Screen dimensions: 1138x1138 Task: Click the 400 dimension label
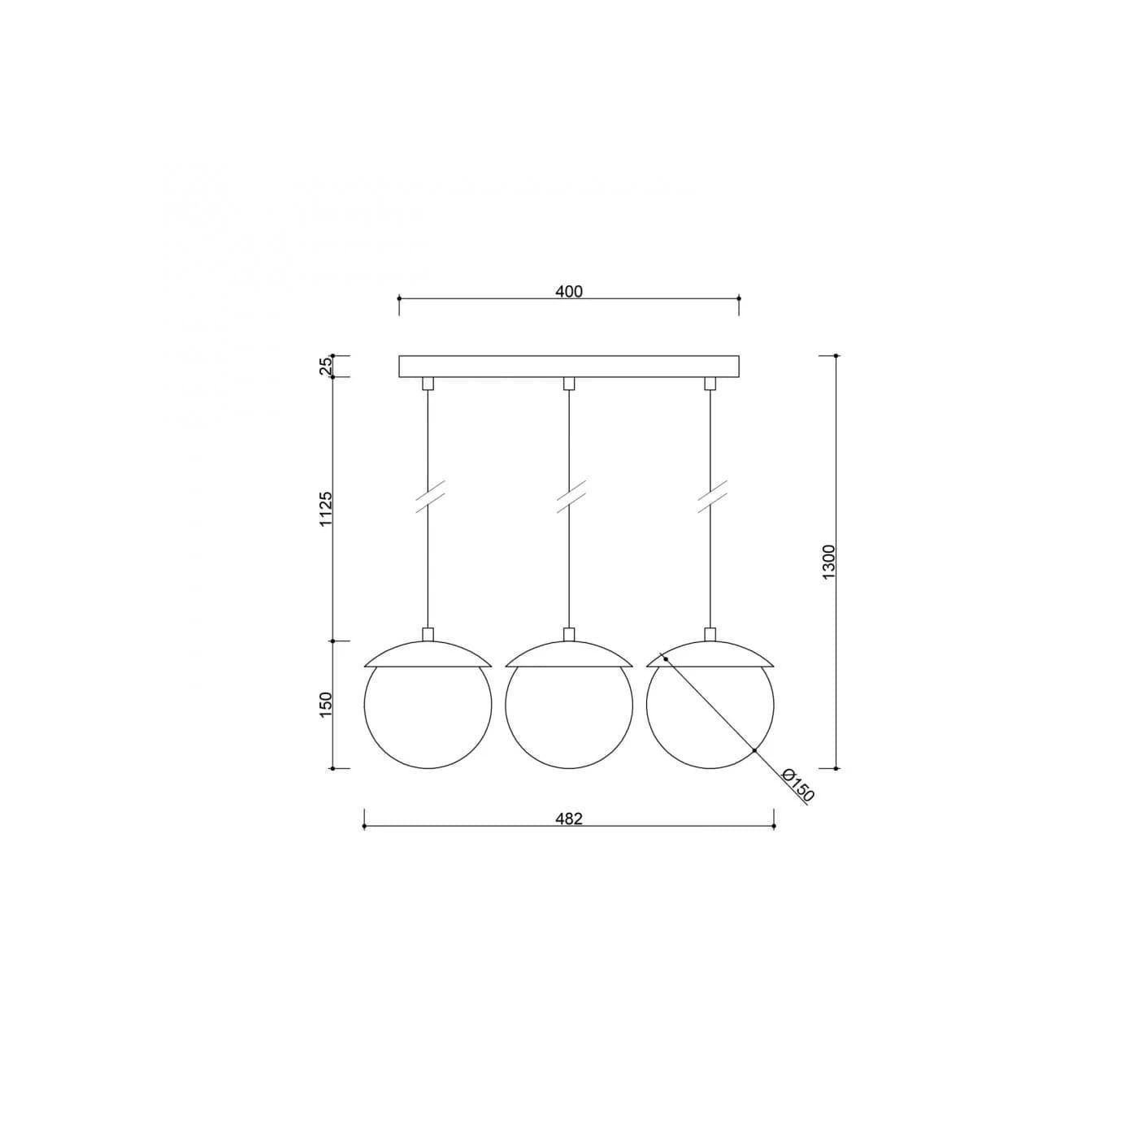tap(569, 291)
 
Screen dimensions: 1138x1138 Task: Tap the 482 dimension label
tap(569, 819)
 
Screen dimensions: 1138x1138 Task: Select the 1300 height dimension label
tap(828, 562)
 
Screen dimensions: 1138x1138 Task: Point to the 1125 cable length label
tap(326, 508)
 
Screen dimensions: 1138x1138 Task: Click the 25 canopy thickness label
tap(326, 367)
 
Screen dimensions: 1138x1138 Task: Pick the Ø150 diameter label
tap(797, 785)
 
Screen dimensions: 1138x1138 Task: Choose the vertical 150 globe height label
tap(326, 705)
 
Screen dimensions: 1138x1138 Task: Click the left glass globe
tap(428, 768)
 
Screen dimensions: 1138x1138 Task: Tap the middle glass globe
tap(569, 768)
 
